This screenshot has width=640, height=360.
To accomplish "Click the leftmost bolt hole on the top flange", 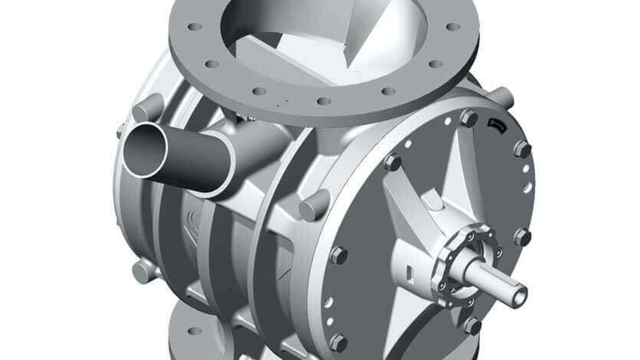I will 195,27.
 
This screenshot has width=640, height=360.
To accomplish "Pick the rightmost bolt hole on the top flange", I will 453,27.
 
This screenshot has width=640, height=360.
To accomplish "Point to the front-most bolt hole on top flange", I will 323,101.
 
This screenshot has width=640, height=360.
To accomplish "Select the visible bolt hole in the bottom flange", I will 194,331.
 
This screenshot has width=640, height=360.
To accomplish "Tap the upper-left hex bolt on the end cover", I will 393,162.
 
